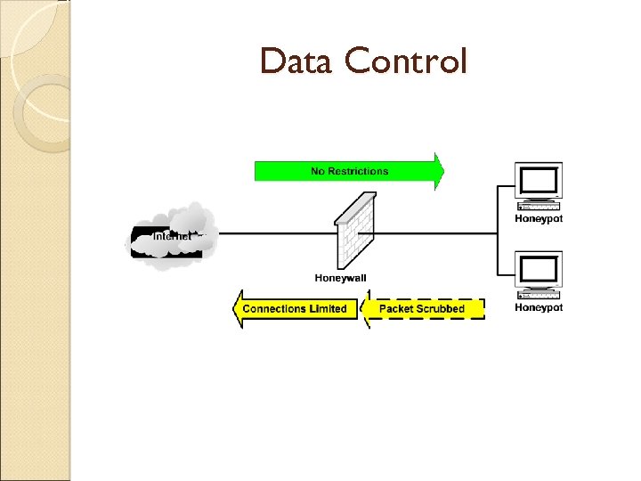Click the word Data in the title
click(x=297, y=61)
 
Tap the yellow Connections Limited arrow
click(x=295, y=309)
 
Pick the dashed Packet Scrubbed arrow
click(x=422, y=309)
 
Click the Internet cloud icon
click(x=173, y=234)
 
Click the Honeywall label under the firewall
click(x=340, y=278)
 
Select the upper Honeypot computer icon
click(x=539, y=188)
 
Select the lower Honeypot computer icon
click(x=539, y=277)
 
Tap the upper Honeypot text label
click(x=539, y=219)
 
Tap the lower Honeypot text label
click(x=539, y=307)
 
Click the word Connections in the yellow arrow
click(x=274, y=309)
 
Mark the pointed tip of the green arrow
click(x=443, y=171)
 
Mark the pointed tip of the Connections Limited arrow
click(x=234, y=309)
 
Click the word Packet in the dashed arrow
click(x=396, y=309)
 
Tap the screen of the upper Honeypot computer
click(x=539, y=182)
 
